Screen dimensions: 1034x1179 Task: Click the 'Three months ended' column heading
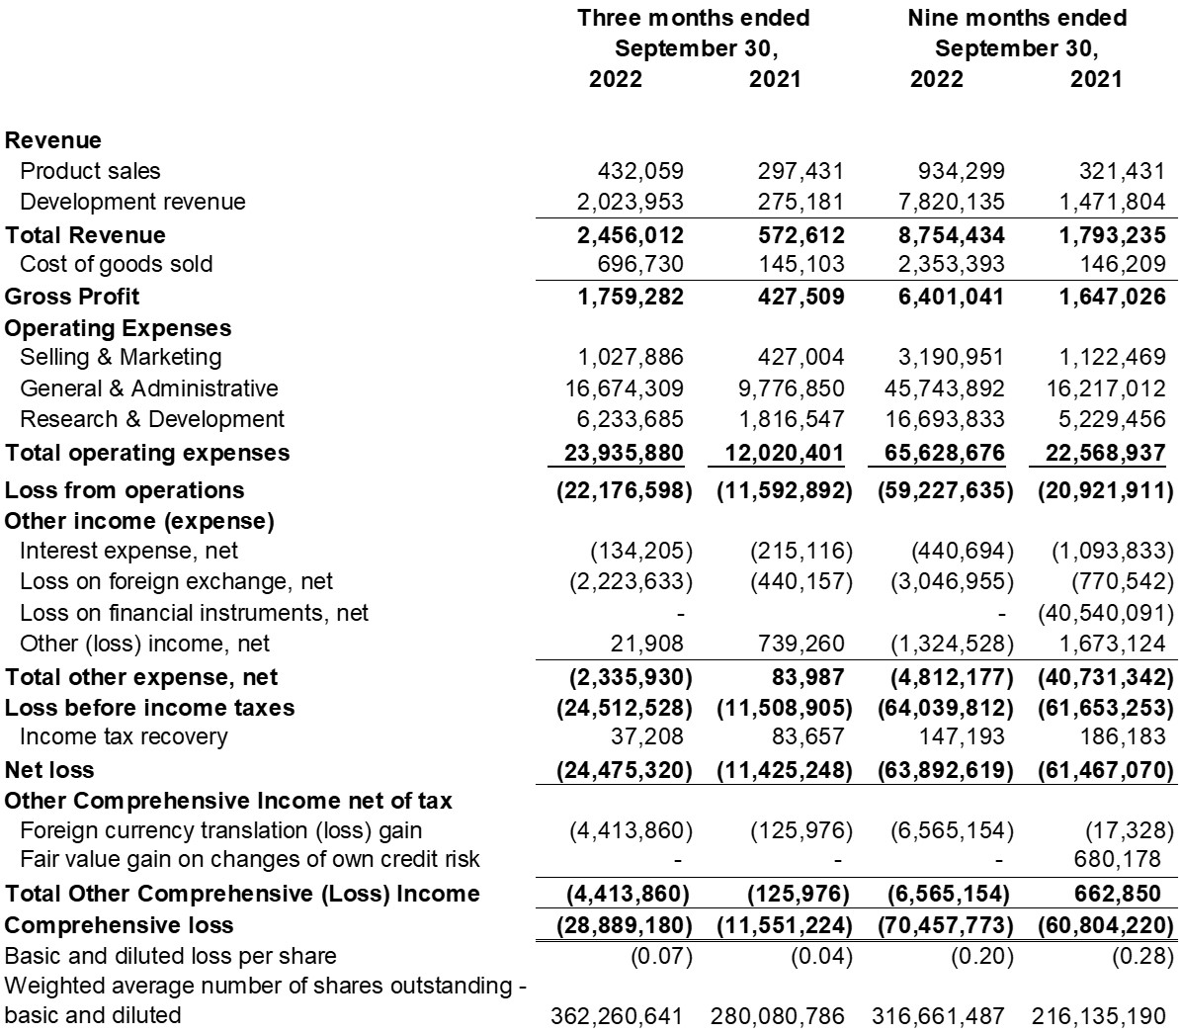[x=693, y=18]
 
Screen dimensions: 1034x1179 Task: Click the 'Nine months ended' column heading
[x=1017, y=18]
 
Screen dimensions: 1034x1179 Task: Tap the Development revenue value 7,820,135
[x=947, y=202]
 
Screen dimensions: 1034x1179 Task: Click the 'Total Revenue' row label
[x=86, y=235]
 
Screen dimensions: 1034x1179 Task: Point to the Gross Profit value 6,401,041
[x=947, y=297]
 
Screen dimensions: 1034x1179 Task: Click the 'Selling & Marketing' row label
[x=121, y=357]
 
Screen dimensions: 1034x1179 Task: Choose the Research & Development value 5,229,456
[x=1107, y=419]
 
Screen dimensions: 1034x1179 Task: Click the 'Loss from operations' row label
[x=125, y=490]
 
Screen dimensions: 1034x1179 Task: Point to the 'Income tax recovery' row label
[x=124, y=736]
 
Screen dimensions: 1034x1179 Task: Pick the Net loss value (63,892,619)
[x=945, y=770]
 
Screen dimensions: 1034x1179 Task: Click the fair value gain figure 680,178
[x=1115, y=859]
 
